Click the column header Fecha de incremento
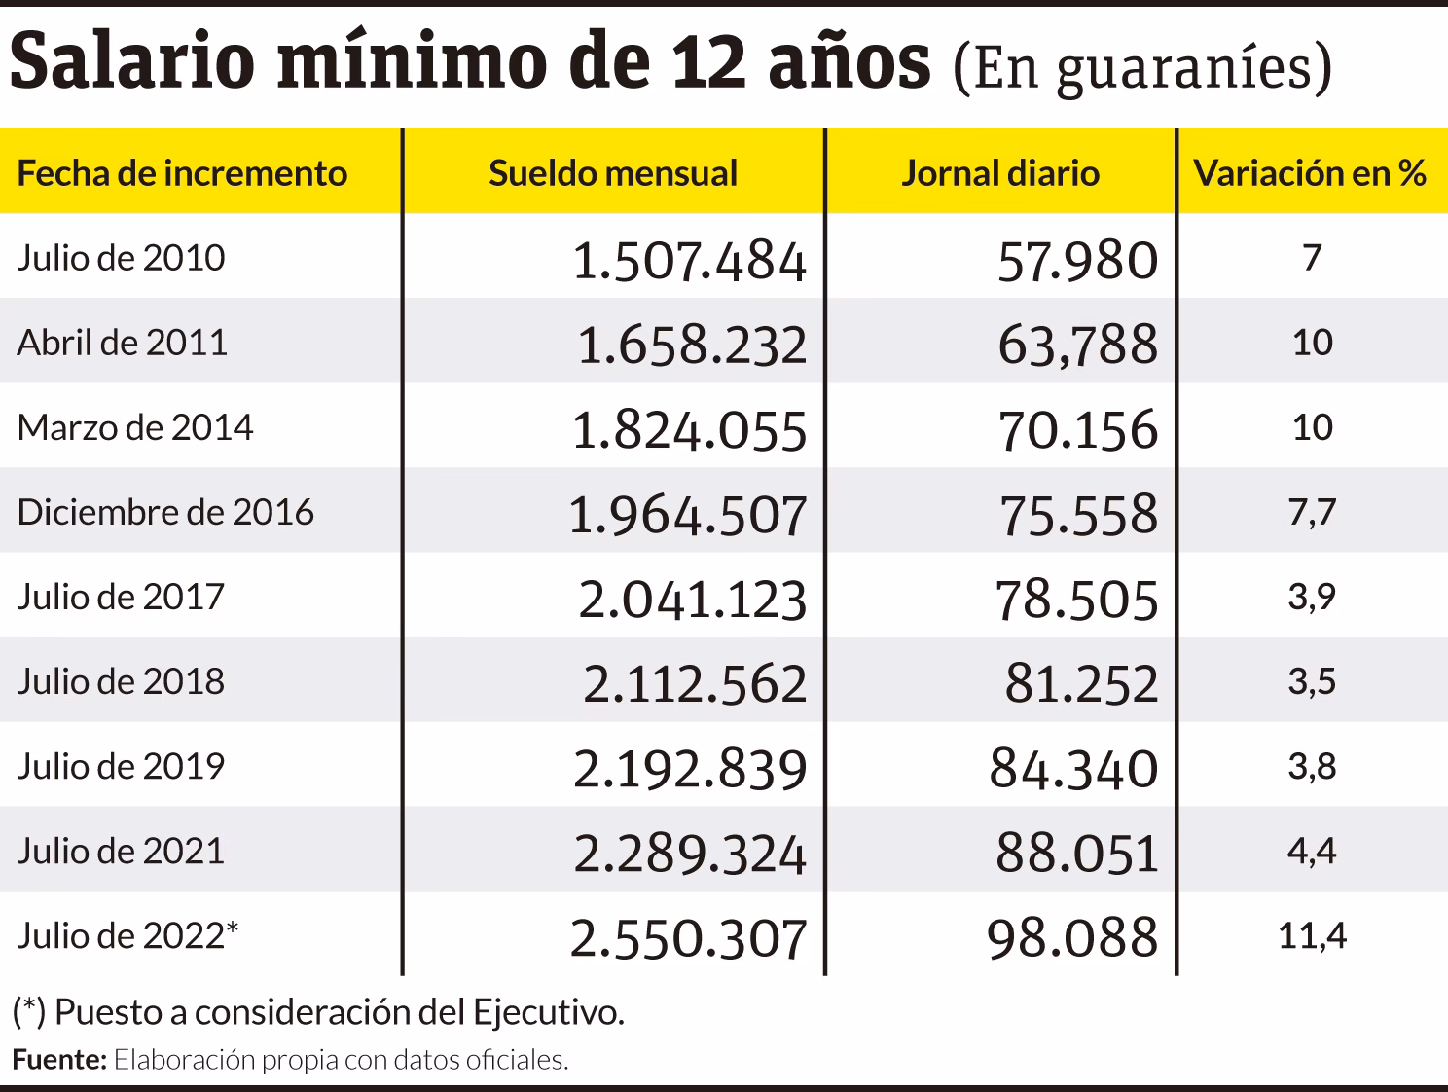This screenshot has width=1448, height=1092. [182, 173]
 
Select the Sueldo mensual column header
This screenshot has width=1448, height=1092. [613, 173]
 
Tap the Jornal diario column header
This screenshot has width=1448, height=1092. [999, 173]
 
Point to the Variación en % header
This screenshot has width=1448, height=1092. [1310, 173]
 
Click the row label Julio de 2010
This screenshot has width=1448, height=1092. [121, 258]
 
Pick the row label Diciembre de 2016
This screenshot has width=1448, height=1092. [165, 512]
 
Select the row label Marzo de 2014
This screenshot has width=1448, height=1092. [135, 427]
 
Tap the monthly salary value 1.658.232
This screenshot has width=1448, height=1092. [692, 345]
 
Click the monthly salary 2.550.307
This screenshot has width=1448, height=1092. [688, 938]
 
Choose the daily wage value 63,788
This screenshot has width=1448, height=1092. [1078, 345]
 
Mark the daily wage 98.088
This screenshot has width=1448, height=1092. [1072, 938]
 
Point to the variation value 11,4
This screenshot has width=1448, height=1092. [1312, 936]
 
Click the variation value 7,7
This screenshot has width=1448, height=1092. [1312, 512]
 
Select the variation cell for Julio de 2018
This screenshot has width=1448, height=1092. [1312, 681]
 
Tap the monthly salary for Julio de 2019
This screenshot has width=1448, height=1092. [690, 769]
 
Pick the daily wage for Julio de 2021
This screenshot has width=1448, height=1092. [1076, 854]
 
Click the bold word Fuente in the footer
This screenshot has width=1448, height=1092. [58, 1060]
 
